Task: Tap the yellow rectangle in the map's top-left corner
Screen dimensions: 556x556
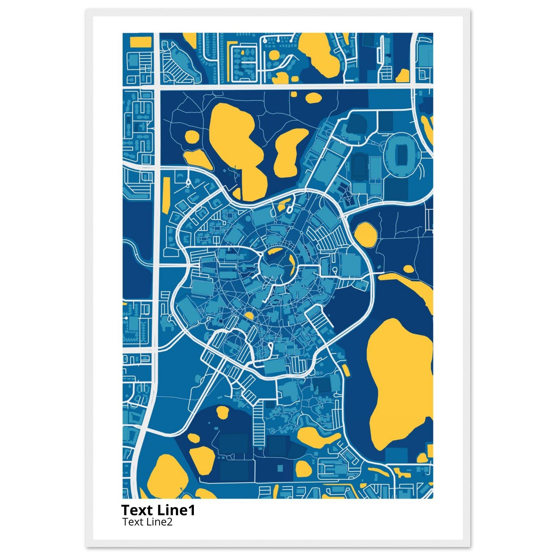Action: click(141, 42)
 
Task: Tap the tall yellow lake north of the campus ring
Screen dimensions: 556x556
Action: click(236, 144)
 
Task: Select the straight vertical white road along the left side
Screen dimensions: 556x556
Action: click(157, 230)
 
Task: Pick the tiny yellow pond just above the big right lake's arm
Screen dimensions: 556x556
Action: click(408, 269)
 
